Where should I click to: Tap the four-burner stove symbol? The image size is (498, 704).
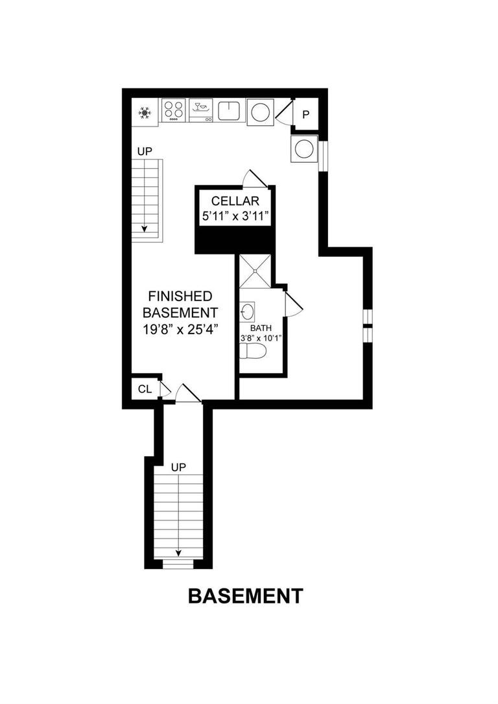click(x=173, y=110)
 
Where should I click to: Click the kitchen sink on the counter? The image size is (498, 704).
click(x=230, y=111)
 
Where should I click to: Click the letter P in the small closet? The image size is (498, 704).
click(x=306, y=115)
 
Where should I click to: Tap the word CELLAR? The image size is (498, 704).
click(x=235, y=200)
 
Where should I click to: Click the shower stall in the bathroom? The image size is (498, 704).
click(x=254, y=271)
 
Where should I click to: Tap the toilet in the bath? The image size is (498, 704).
click(x=253, y=352)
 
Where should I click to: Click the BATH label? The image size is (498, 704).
click(x=262, y=328)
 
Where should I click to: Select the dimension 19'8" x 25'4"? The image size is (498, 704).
click(x=180, y=328)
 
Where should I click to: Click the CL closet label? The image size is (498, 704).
click(x=145, y=389)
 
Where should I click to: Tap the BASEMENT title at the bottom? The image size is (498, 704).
click(x=245, y=596)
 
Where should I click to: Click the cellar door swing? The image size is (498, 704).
click(x=251, y=178)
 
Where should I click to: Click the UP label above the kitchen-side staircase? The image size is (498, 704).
click(x=144, y=151)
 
